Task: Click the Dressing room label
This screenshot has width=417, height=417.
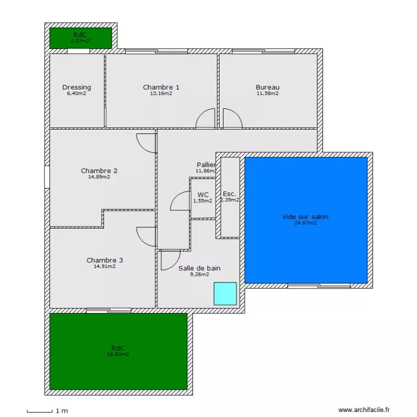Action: pyautogui.click(x=77, y=87)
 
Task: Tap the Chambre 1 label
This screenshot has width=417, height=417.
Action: pyautogui.click(x=161, y=87)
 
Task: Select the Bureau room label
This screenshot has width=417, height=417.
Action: pyautogui.click(x=267, y=87)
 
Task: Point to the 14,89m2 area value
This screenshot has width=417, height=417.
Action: pyautogui.click(x=99, y=177)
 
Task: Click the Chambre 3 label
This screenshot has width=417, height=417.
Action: pyautogui.click(x=105, y=260)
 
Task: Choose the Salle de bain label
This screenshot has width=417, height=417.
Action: pyautogui.click(x=199, y=268)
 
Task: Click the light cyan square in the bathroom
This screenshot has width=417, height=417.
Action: pyautogui.click(x=225, y=293)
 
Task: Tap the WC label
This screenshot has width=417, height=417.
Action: pyautogui.click(x=202, y=195)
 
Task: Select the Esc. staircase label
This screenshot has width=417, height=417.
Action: pyautogui.click(x=229, y=194)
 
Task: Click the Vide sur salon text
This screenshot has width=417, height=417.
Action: pyautogui.click(x=305, y=217)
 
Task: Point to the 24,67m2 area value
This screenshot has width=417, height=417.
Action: pyautogui.click(x=305, y=223)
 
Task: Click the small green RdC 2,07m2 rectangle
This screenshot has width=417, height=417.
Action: pyautogui.click(x=81, y=38)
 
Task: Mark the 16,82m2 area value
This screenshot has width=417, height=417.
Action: pyautogui.click(x=118, y=354)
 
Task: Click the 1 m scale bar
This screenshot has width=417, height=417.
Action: pyautogui.click(x=40, y=411)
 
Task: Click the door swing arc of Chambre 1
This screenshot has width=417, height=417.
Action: pyautogui.click(x=206, y=118)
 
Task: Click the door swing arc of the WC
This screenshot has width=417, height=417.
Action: pyautogui.click(x=180, y=201)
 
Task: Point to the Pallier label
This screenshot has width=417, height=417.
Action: pyautogui.click(x=206, y=165)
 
